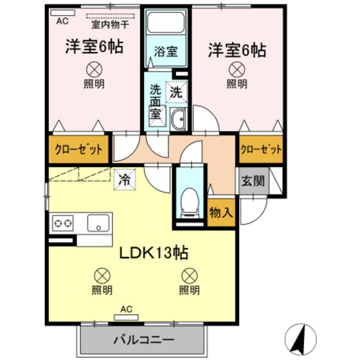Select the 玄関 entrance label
click(253, 181)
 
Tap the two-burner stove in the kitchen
click(62, 224)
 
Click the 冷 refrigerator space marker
click(124, 180)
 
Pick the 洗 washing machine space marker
click(175, 92)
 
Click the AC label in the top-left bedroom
click(62, 21)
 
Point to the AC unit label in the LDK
click(126, 309)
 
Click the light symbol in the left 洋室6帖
click(94, 67)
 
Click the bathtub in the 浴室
click(166, 26)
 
